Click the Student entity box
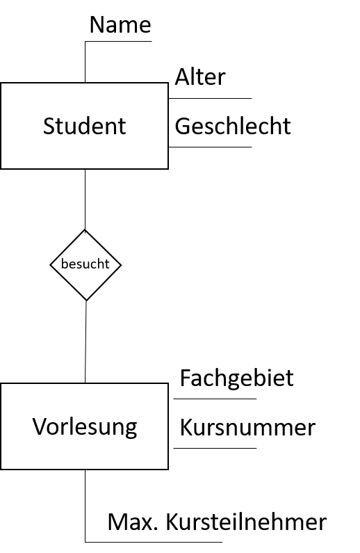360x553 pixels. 85,126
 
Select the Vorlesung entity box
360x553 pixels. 85,426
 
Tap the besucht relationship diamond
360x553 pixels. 85,265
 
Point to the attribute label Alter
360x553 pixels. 200,77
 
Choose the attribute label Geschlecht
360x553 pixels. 233,126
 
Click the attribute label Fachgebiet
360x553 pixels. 237,378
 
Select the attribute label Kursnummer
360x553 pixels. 247,428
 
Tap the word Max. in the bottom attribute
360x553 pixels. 133,522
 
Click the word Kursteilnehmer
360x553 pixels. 246,522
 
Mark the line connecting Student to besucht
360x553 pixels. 85,199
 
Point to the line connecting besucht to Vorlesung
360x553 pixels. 85,342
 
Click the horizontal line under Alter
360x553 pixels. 210,98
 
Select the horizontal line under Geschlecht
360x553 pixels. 210,147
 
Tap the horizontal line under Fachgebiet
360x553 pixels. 215,399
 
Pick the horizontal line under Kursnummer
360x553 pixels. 215,448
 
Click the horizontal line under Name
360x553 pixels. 118,42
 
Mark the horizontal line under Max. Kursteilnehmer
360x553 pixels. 154,542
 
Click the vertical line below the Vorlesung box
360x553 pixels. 85,506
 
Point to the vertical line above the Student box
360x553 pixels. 85,62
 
